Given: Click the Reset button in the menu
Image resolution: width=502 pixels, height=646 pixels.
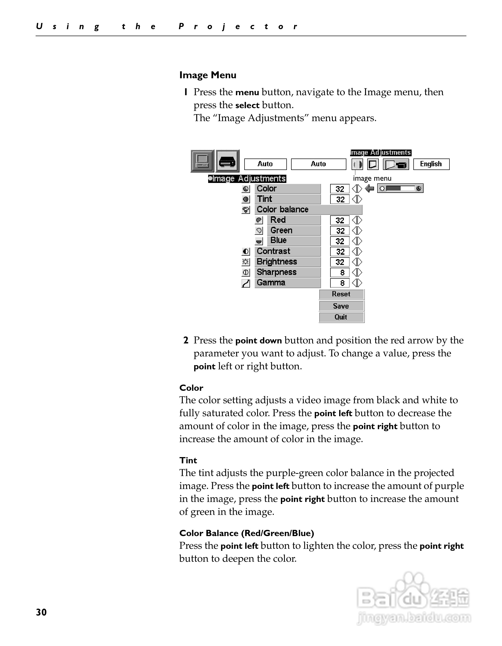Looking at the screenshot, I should (341, 294).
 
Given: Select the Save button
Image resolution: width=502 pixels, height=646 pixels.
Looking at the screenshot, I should (341, 306).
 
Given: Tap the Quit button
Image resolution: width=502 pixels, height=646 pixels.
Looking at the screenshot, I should (341, 317).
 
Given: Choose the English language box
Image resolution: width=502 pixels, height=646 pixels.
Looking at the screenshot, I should (431, 164).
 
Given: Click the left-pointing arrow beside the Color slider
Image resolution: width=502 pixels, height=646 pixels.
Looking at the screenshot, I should (369, 188).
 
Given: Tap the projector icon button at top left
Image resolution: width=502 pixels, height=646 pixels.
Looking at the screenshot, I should (227, 161).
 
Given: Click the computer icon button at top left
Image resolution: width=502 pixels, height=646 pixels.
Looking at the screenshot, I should (202, 161).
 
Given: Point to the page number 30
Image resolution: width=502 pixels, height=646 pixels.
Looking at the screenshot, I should (41, 612).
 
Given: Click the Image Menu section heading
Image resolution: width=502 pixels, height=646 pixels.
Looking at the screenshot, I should (208, 75).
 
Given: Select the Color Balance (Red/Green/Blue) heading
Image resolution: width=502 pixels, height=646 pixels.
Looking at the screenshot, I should (247, 533).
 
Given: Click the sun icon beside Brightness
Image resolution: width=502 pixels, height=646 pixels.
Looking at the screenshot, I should (246, 262).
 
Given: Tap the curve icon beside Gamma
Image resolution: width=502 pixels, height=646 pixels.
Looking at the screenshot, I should (246, 283).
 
